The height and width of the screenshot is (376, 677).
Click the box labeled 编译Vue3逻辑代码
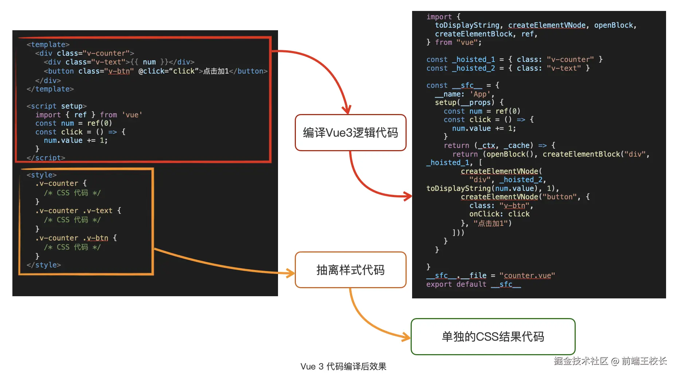tap(350, 133)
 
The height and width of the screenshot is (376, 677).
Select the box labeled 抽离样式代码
tap(350, 270)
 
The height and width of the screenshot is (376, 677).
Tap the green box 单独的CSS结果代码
tap(493, 337)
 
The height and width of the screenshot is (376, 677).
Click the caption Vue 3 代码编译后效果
tap(343, 367)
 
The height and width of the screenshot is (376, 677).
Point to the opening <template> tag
tap(48, 44)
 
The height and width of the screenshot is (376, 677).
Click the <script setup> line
tap(56, 106)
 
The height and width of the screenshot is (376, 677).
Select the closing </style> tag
tap(44, 265)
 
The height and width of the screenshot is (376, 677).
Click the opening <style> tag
tap(42, 175)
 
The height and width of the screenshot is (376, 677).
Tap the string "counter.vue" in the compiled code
tap(527, 275)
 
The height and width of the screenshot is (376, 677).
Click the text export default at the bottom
tap(456, 284)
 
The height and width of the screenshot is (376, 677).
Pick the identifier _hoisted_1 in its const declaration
tap(473, 59)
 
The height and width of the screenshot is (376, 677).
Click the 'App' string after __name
tap(480, 94)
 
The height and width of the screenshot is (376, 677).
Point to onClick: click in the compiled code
tap(499, 214)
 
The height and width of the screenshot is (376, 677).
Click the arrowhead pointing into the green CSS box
tap(406, 337)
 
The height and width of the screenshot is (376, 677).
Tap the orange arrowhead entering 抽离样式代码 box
tap(290, 273)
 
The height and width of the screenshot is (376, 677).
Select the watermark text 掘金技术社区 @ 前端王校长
tap(610, 361)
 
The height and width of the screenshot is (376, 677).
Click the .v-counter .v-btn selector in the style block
tap(72, 238)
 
